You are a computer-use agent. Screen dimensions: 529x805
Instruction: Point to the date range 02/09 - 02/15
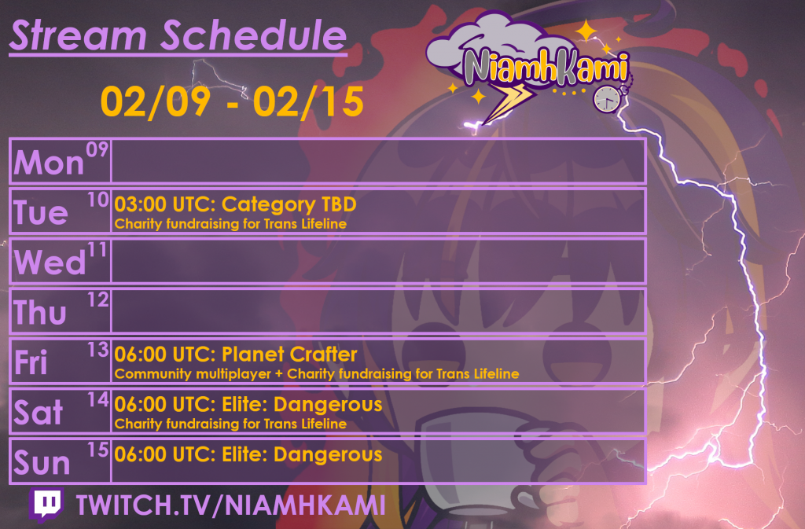[232, 102]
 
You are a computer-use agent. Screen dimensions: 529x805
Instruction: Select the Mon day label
[49, 163]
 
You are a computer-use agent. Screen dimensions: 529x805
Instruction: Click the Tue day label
[41, 212]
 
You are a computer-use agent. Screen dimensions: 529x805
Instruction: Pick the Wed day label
[50, 263]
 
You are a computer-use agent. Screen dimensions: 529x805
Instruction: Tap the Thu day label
[41, 313]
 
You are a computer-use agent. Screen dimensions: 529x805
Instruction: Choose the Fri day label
[31, 363]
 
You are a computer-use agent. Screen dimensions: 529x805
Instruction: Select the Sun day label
[42, 464]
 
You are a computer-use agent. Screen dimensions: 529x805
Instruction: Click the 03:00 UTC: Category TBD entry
[235, 205]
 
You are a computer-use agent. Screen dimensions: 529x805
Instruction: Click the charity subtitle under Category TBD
[230, 224]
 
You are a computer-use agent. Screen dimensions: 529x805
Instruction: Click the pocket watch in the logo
[606, 97]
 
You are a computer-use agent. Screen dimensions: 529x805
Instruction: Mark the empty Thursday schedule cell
[377, 311]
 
